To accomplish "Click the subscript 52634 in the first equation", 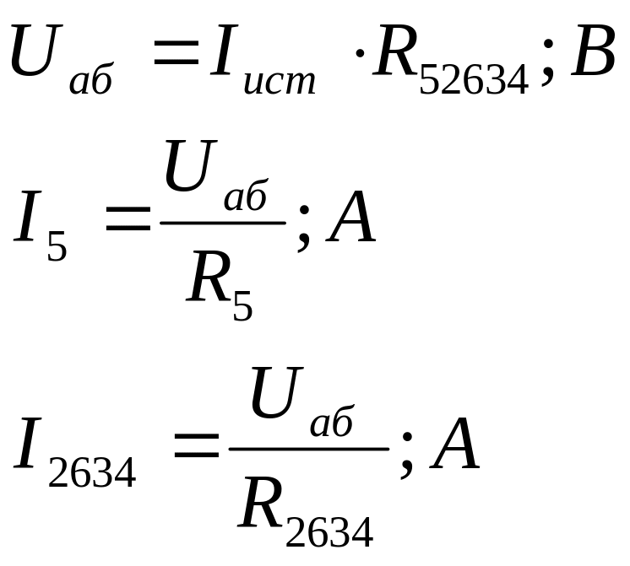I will click(473, 81).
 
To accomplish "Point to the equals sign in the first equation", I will click(175, 59).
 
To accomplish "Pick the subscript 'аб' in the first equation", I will click(90, 82).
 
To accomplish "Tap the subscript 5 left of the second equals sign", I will click(57, 249).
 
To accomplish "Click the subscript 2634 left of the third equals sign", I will click(91, 474).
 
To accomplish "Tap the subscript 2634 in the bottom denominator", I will click(329, 531).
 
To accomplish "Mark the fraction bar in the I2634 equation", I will click(309, 449).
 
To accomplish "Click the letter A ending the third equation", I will click(455, 447).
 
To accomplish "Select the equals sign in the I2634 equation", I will click(196, 450).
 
